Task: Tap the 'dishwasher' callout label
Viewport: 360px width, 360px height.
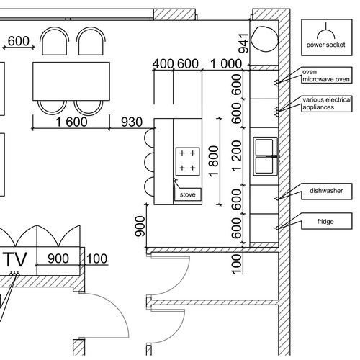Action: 327,192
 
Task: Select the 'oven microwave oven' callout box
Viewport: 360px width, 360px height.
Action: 327,76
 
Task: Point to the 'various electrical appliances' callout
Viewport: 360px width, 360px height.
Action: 327,104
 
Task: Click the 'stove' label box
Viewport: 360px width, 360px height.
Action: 187,194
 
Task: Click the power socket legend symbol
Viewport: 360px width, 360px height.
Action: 325,31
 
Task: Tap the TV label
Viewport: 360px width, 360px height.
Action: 16,259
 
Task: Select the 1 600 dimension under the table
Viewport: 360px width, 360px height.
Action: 71,122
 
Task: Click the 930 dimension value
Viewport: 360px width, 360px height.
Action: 132,122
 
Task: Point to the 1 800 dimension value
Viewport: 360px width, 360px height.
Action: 214,161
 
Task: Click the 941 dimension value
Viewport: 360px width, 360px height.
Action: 243,43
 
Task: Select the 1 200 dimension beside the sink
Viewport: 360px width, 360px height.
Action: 236,156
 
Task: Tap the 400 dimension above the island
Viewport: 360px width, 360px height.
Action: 163,64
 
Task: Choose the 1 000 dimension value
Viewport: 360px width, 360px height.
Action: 226,64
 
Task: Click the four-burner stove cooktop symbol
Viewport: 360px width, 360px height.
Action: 188,161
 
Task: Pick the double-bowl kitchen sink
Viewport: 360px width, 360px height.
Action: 266,156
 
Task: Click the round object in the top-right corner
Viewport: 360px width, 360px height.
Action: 264,39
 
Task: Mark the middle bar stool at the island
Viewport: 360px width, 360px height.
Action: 149,162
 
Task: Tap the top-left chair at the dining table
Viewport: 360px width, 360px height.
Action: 55,41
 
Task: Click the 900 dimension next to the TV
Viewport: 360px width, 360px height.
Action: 58,258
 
